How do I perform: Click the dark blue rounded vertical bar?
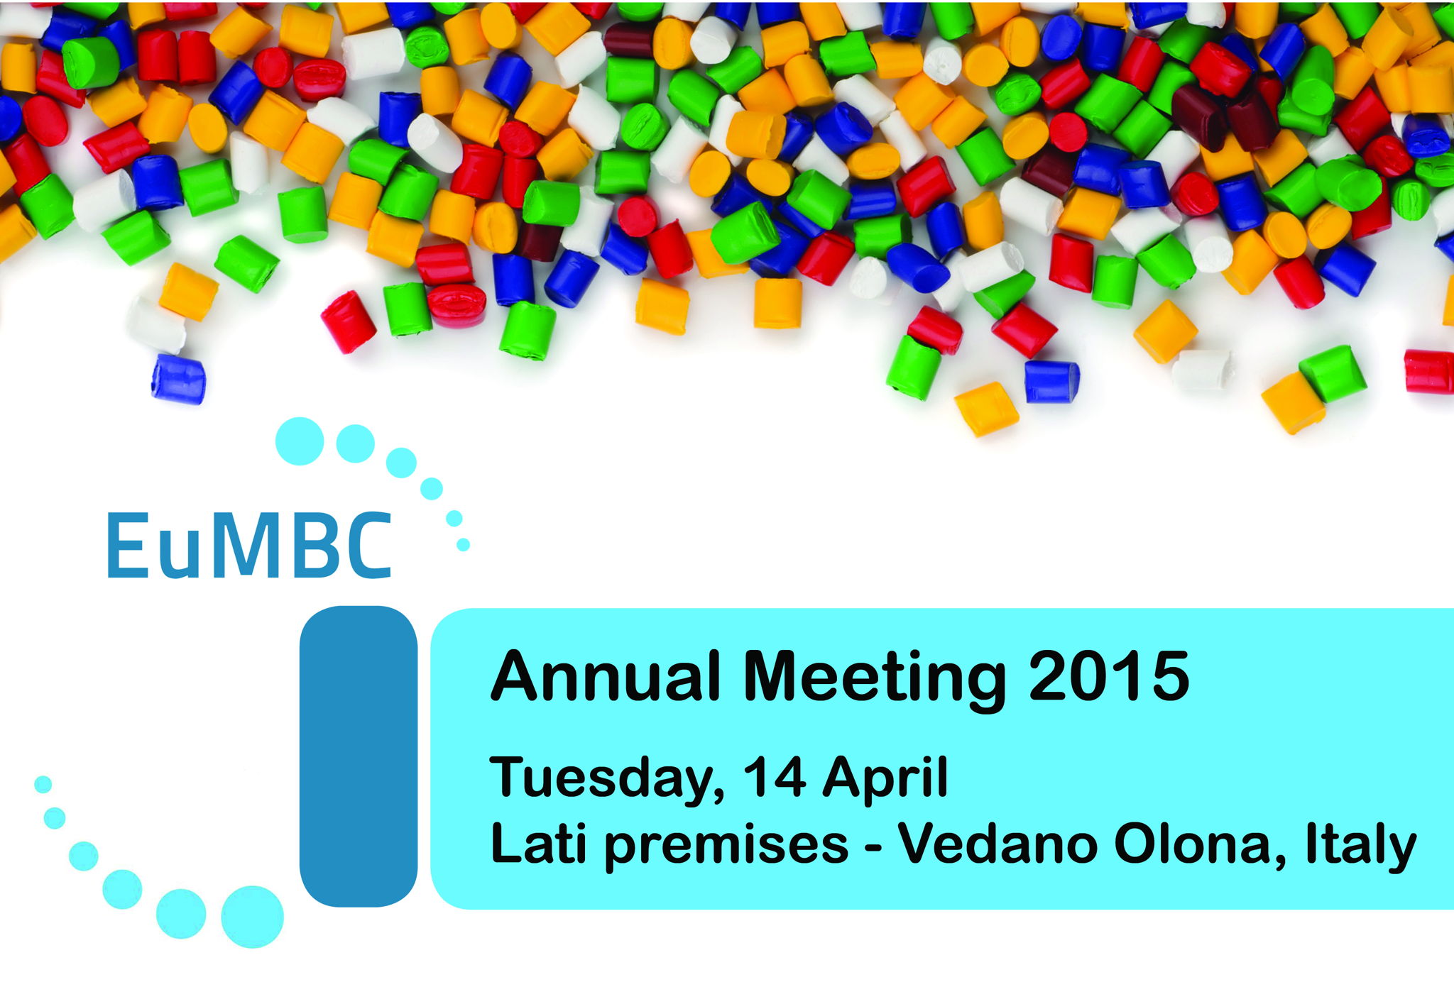(359, 756)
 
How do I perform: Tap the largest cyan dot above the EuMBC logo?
(300, 441)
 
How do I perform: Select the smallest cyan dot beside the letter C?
(463, 544)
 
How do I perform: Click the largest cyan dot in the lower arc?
(252, 917)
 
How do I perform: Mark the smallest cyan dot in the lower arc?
(43, 784)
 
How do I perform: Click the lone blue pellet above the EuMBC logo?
(178, 379)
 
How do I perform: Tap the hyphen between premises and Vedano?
(873, 848)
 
